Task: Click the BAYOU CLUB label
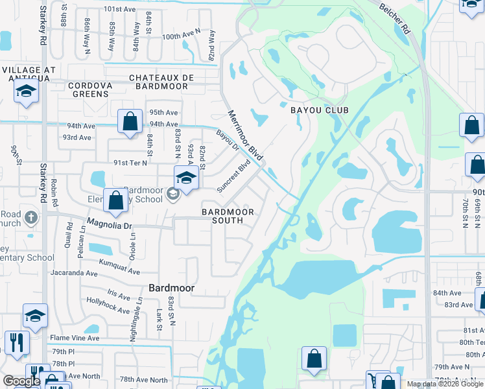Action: coord(318,110)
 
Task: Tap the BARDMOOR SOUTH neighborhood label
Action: coord(222,216)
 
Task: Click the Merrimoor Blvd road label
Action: coord(245,136)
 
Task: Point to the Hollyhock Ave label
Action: coord(110,306)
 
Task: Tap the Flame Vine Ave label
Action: coord(75,338)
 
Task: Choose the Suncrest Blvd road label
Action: coord(233,176)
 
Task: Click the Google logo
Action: coord(22,381)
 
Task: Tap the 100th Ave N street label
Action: coord(182,37)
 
